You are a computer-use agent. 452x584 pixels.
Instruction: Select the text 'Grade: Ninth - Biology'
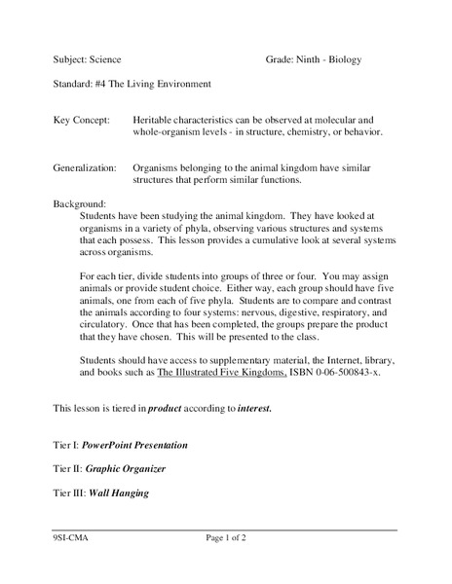point(313,60)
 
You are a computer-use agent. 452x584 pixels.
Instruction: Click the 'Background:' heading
point(79,205)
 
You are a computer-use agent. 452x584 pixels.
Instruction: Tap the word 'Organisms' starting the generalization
point(159,167)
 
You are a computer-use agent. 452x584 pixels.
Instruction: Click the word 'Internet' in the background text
point(327,359)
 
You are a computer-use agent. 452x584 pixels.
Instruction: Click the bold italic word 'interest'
point(254,409)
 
